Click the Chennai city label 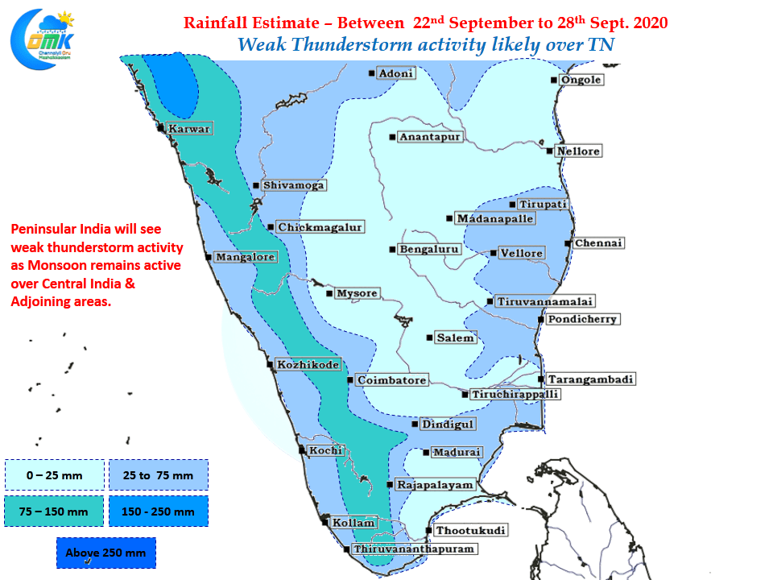point(599,243)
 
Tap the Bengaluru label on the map point(429,250)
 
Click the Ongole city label point(581,80)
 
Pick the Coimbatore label point(391,380)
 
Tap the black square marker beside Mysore point(329,293)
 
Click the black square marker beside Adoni point(371,73)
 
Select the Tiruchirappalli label point(515,395)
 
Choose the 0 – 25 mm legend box point(54,475)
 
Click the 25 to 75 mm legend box point(158,475)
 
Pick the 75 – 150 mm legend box point(54,511)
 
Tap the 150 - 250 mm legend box point(158,511)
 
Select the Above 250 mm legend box point(105,553)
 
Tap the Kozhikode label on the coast point(308,365)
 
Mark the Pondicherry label point(582,319)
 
